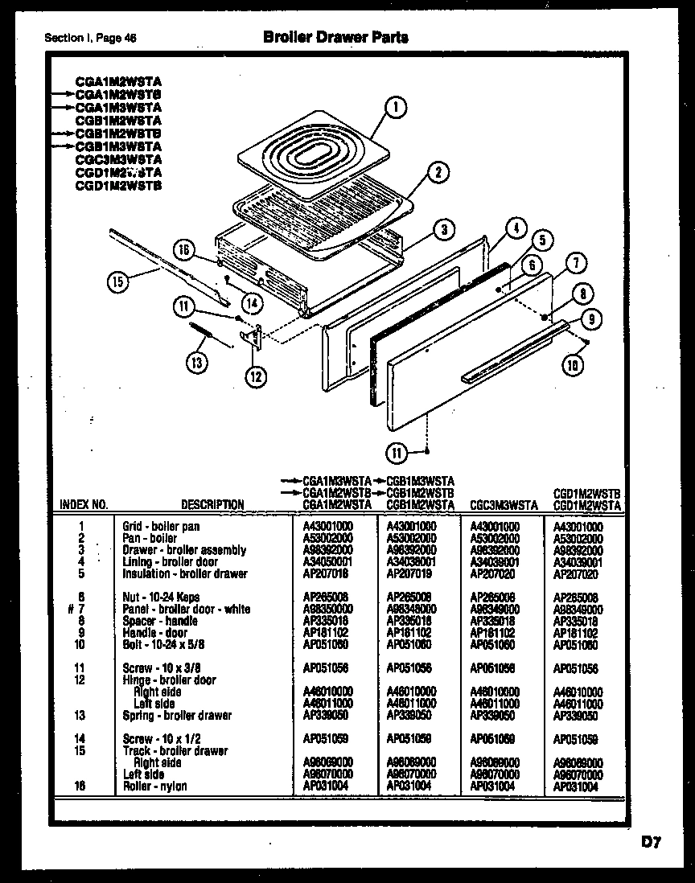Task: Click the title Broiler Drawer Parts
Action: point(335,37)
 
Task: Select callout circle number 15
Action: point(118,281)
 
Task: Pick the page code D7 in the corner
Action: point(651,843)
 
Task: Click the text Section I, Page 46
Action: point(90,38)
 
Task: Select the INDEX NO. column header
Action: point(84,505)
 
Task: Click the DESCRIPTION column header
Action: point(212,505)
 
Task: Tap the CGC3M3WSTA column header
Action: point(503,505)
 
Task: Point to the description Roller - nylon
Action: point(154,786)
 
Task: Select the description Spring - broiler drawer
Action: point(177,715)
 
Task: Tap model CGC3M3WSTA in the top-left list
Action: point(118,159)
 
